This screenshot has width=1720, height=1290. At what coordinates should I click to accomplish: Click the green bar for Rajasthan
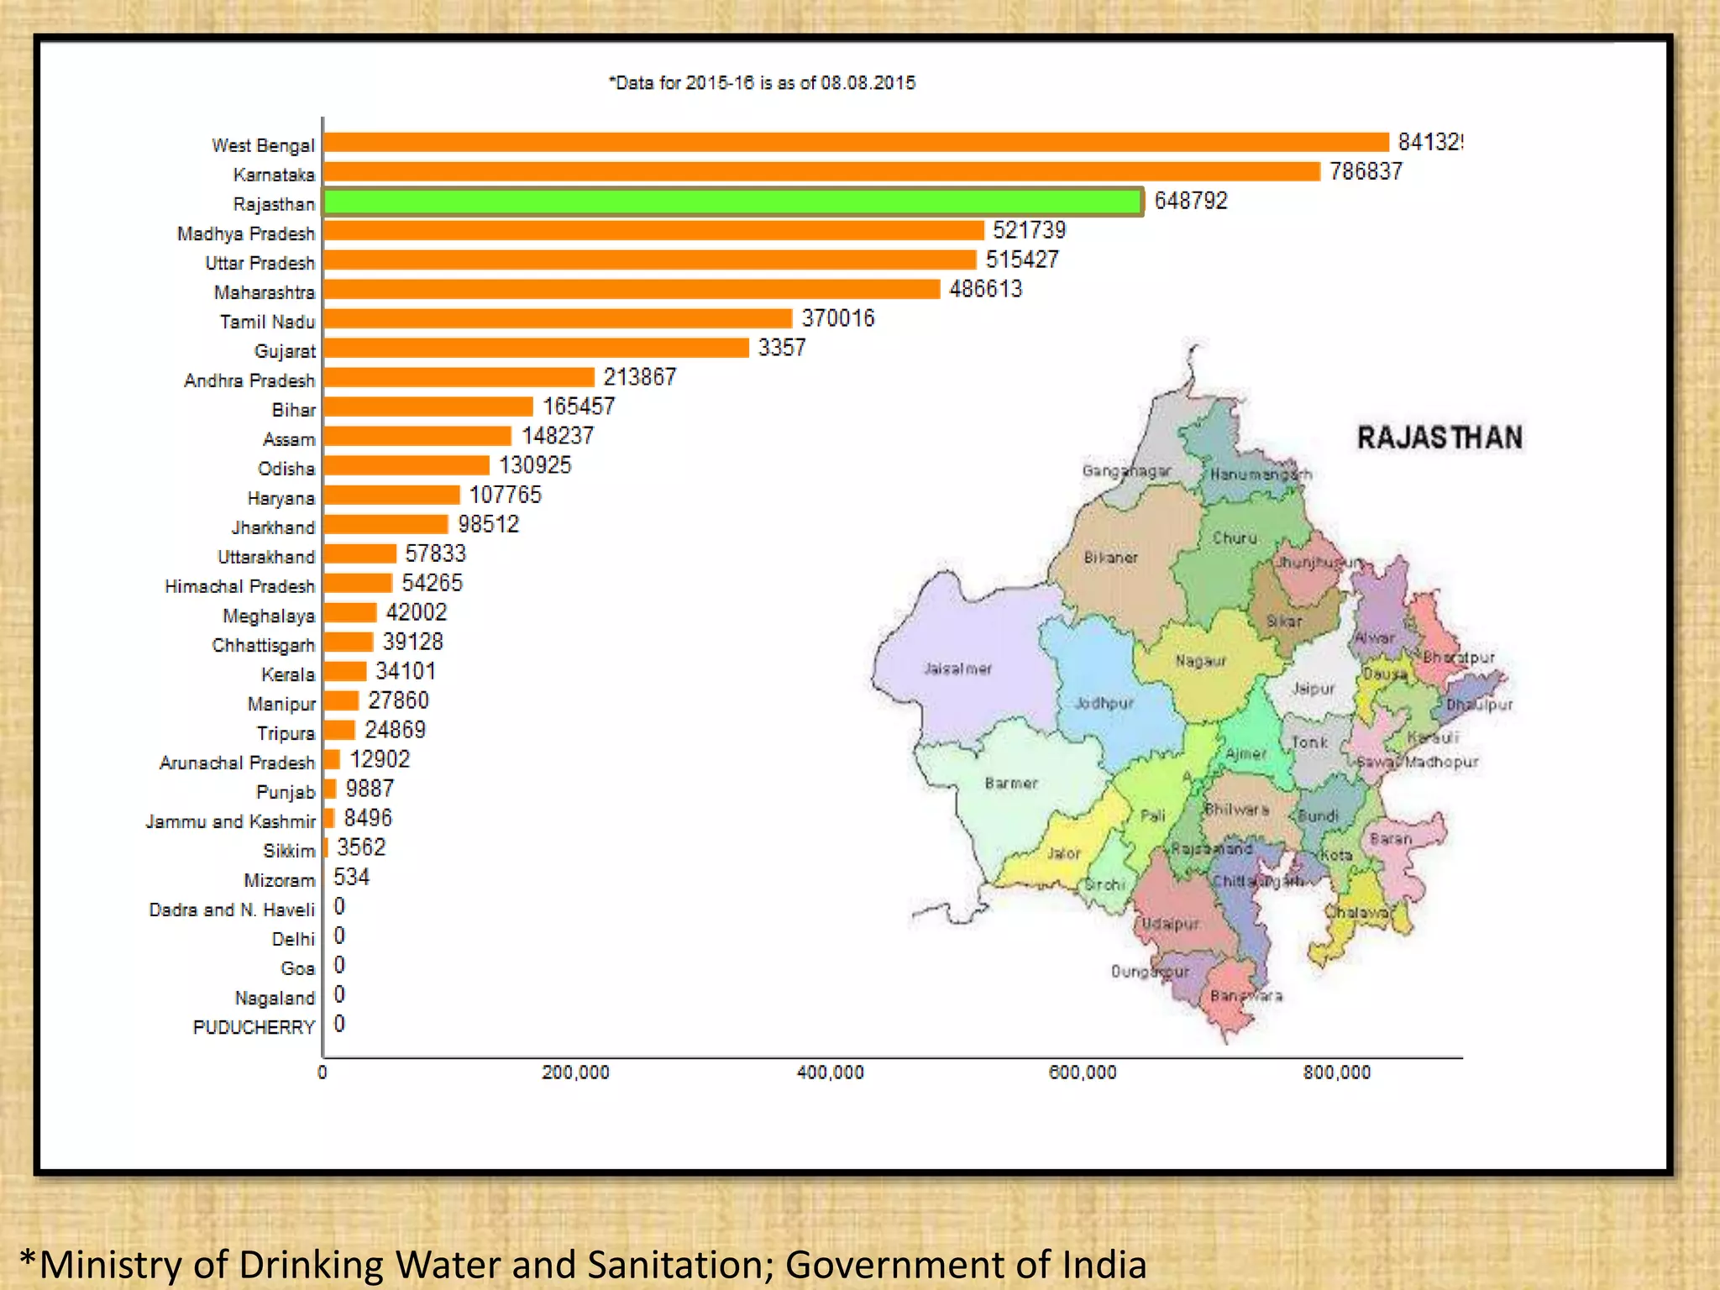pos(732,202)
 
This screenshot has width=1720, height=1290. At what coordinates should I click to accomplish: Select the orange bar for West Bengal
pos(855,143)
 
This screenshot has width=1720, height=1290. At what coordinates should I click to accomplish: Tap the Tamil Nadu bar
pos(558,319)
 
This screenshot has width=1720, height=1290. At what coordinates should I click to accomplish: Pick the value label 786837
pos(1366,171)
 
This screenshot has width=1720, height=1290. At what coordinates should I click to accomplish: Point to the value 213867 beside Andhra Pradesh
pos(639,377)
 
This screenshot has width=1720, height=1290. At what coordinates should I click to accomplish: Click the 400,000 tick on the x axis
pos(830,1072)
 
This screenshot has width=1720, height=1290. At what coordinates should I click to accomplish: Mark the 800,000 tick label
pos(1336,1072)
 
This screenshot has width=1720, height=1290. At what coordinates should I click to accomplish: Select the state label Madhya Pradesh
pos(246,233)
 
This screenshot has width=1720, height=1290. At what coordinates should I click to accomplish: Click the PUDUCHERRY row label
pos(254,1027)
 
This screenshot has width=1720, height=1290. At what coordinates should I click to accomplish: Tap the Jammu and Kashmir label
pos(230,821)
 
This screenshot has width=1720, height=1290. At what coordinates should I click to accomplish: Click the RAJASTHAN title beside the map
pos(1439,438)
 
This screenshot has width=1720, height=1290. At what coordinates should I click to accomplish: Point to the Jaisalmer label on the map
pos(957,669)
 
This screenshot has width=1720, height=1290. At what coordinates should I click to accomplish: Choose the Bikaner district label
pos(1110,558)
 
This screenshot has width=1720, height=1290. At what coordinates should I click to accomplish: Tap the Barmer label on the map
pos(1011,783)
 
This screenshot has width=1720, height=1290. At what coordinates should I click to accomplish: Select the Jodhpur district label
pos(1104,703)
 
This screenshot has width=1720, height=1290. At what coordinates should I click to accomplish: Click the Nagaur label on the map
pos(1201,661)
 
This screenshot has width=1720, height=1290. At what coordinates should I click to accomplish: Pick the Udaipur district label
pos(1171,924)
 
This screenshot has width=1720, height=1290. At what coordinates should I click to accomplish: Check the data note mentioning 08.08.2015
pos(762,83)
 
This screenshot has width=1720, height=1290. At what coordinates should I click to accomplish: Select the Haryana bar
pos(392,496)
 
